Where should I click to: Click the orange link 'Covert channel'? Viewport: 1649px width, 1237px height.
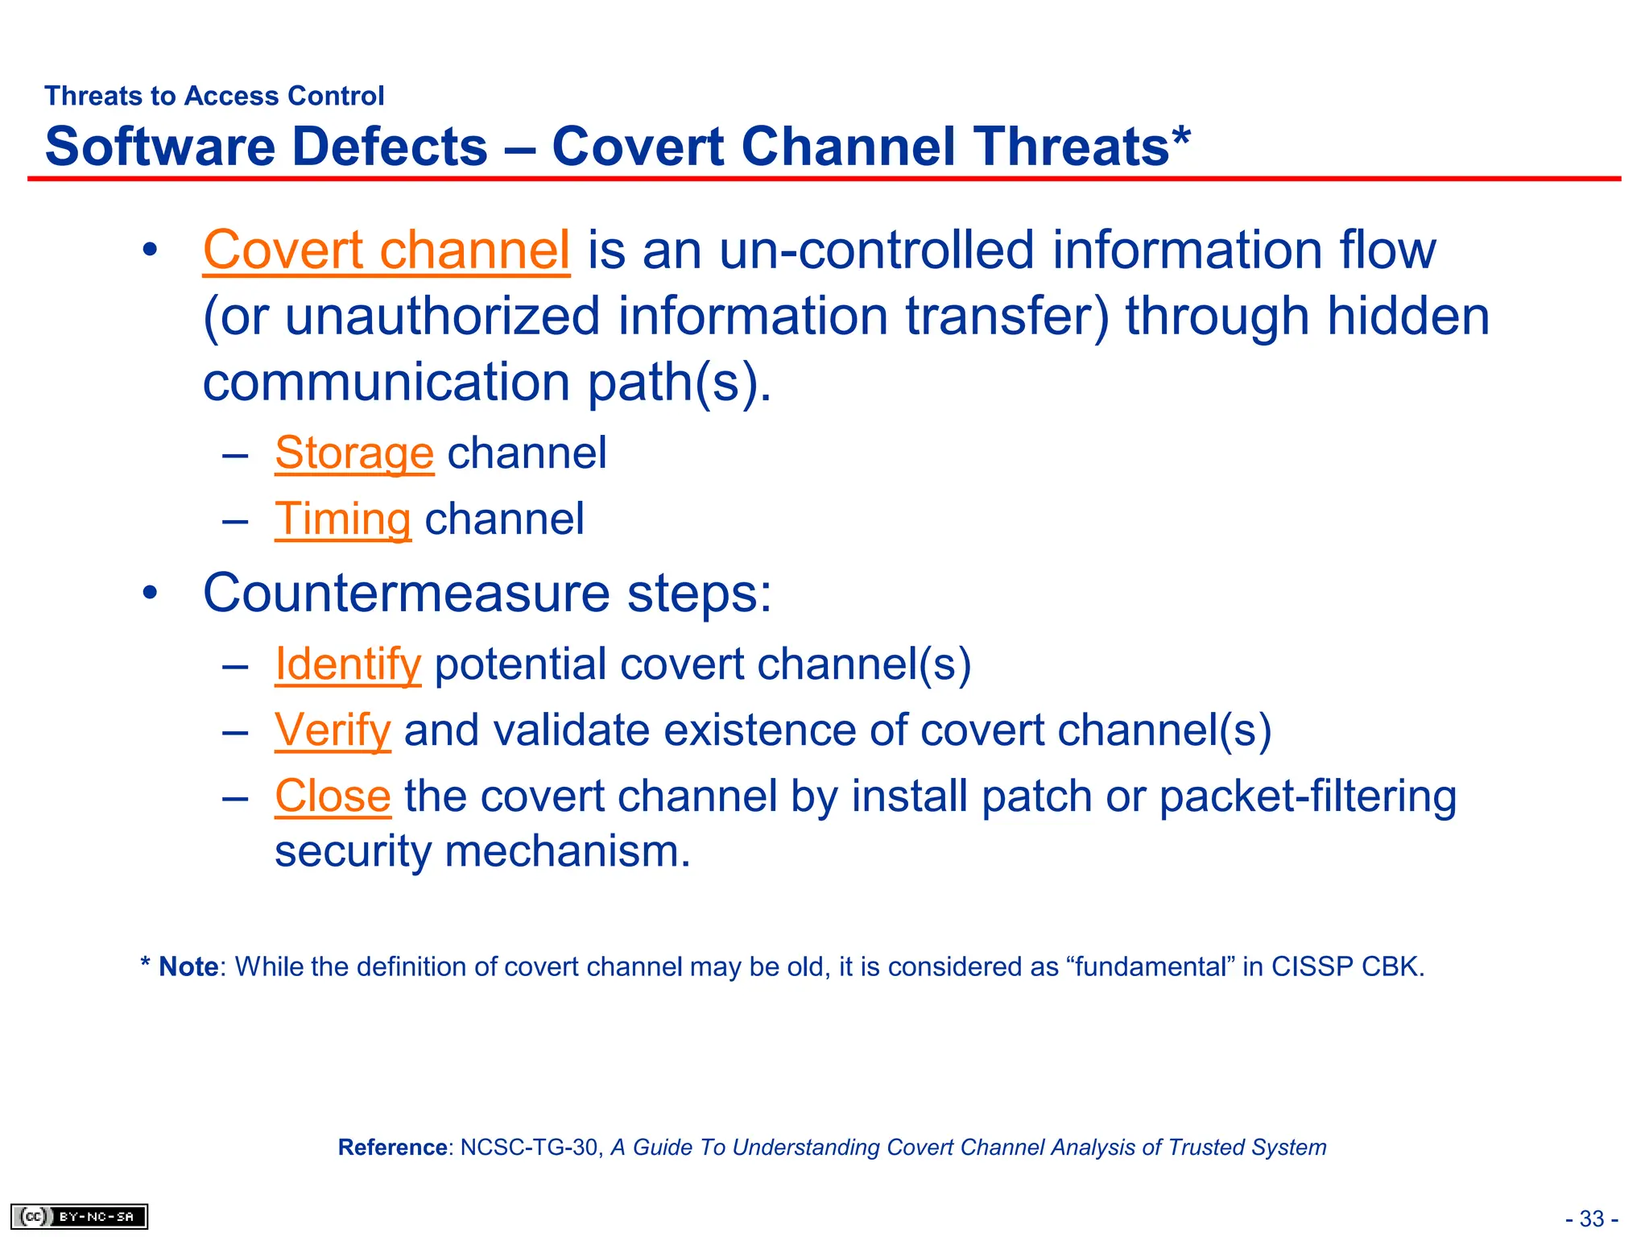tap(386, 250)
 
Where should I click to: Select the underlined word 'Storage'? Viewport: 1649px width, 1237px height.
tap(353, 453)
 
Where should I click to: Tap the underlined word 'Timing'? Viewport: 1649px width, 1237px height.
tap(342, 519)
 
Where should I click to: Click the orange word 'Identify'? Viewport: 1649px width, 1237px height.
tap(347, 665)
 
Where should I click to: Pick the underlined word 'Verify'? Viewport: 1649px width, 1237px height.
tap(333, 731)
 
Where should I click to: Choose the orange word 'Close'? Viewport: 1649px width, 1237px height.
tap(333, 796)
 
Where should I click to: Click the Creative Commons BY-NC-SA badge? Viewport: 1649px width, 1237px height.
tap(80, 1216)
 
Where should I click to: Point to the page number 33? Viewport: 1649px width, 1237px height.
tap(1591, 1218)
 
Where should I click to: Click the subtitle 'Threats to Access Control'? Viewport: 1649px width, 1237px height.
tap(214, 96)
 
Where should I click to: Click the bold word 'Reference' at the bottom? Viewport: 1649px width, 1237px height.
tap(392, 1148)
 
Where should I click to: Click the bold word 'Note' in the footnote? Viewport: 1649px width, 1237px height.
tap(188, 967)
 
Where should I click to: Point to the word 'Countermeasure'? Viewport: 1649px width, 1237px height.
tap(407, 594)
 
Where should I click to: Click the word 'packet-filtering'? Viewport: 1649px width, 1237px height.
tap(1308, 796)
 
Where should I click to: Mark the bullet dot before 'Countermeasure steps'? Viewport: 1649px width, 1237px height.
tap(150, 594)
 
